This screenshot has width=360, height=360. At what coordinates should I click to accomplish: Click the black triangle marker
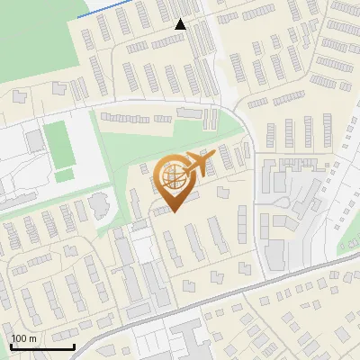(x=181, y=24)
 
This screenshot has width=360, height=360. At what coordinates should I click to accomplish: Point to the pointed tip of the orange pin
(x=173, y=211)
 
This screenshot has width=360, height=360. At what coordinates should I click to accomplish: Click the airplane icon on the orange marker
(x=199, y=163)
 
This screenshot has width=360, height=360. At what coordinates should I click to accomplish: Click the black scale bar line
(x=42, y=346)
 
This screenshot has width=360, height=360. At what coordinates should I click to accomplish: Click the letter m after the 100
(x=32, y=338)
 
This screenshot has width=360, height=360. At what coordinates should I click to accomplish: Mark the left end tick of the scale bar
(x=11, y=345)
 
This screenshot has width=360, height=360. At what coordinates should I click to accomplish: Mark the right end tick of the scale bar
(x=74, y=345)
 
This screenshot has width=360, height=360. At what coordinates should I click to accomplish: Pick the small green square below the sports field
(x=62, y=176)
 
